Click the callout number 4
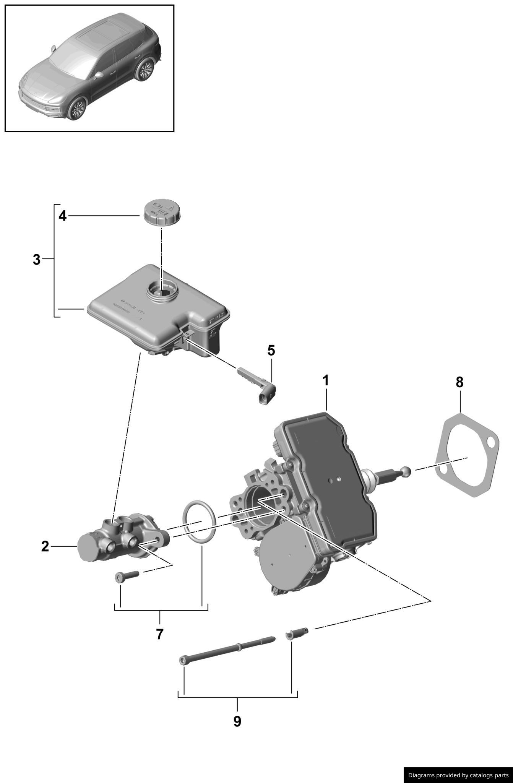[x=62, y=216]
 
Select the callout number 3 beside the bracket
[x=36, y=260]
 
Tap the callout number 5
[x=271, y=350]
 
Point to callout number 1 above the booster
[x=326, y=381]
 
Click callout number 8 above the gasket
[x=459, y=382]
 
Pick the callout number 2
[x=45, y=547]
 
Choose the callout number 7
[x=160, y=634]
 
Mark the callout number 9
[x=237, y=721]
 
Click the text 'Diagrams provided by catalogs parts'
[x=458, y=775]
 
